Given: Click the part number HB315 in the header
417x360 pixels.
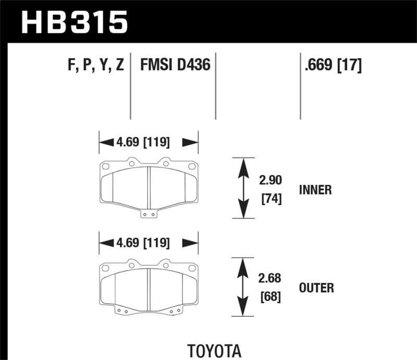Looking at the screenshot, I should tap(74, 22).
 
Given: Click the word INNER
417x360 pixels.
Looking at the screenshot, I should tap(315, 190).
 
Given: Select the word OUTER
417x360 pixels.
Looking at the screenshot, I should tap(316, 287).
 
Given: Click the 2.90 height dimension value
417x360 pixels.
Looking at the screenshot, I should tap(270, 181).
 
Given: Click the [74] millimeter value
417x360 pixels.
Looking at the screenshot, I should tap(270, 198).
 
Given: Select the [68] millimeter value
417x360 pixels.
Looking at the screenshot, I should tap(270, 297).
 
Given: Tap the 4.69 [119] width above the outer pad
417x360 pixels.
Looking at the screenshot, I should tap(149, 242).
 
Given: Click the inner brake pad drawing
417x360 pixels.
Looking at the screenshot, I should tap(149, 185).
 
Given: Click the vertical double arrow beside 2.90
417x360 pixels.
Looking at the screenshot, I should tap(242, 188).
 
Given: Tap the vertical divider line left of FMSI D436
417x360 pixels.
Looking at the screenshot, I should tap(130, 86).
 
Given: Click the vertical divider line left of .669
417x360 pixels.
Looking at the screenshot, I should tap(300, 86).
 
